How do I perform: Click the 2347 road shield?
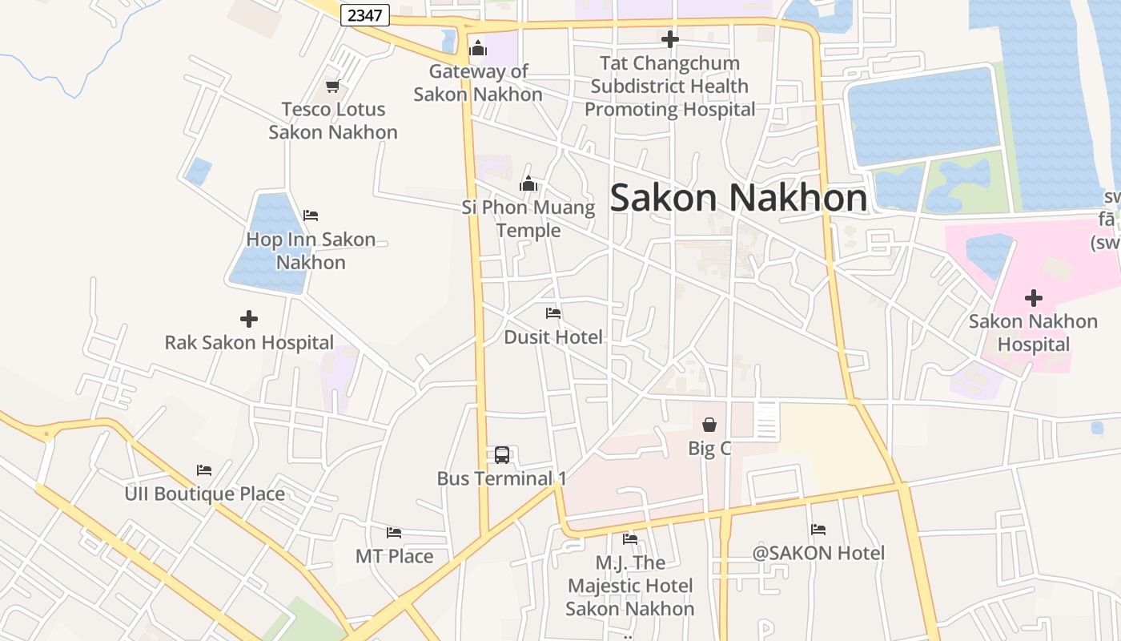tap(365, 15)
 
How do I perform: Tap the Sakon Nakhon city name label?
tap(738, 198)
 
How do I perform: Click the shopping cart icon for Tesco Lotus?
tap(332, 87)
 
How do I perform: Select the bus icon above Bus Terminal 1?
tap(502, 455)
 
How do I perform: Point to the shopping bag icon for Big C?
tap(709, 425)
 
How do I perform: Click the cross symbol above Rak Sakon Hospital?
tap(249, 319)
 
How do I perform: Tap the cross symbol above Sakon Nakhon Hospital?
tap(1034, 298)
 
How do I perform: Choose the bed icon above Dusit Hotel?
tap(553, 313)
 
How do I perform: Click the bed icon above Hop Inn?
tap(311, 216)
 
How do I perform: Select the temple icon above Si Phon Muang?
tap(528, 184)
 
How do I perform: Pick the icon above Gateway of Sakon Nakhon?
tap(478, 48)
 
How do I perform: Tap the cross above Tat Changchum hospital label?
tap(669, 39)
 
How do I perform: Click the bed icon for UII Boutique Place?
tap(204, 470)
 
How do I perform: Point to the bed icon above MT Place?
tap(394, 533)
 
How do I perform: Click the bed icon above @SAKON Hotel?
tap(818, 530)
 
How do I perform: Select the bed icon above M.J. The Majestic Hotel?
tap(630, 539)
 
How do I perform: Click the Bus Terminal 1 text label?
tap(501, 479)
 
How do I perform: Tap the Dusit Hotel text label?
tap(553, 337)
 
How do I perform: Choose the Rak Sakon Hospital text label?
tap(249, 343)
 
